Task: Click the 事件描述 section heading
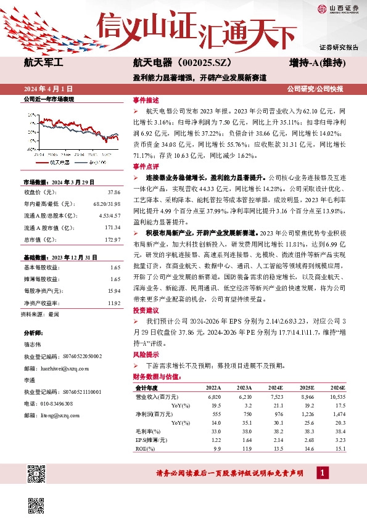coord(146,100)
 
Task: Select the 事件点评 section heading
coord(146,167)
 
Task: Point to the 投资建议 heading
coord(146,310)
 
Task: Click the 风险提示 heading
coord(146,356)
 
